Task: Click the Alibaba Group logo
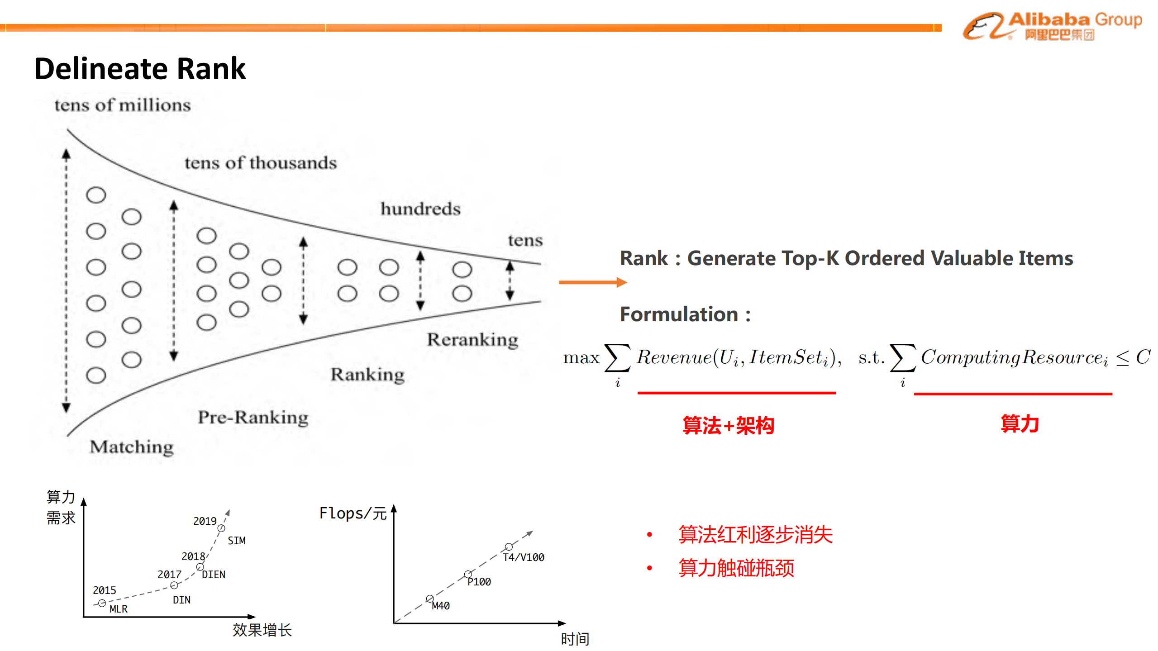click(1052, 26)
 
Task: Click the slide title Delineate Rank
click(140, 69)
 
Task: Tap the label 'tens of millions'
click(123, 105)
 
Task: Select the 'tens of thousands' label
click(261, 163)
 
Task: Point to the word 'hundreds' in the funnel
click(420, 209)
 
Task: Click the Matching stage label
click(132, 447)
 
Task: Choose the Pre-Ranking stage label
click(253, 417)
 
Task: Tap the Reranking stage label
click(472, 339)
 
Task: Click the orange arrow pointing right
click(592, 282)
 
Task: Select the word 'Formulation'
click(679, 314)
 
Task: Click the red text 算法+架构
click(728, 425)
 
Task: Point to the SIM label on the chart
click(236, 541)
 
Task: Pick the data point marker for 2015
click(102, 603)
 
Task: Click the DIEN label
click(213, 575)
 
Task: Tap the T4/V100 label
click(524, 557)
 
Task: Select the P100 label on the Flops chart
click(479, 582)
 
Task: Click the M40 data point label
click(440, 606)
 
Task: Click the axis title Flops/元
click(353, 513)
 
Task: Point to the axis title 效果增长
click(262, 630)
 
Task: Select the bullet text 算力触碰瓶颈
click(736, 568)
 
